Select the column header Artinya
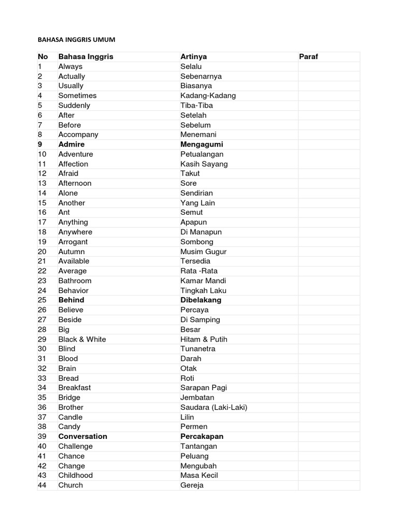coord(193,56)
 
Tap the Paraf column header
coord(309,56)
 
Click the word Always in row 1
coord(70,66)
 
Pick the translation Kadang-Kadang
coord(208,95)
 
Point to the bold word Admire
coord(72,144)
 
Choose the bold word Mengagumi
coord(202,144)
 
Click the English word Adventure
coord(76,154)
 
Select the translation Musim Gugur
coord(203,252)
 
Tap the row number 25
coord(42,300)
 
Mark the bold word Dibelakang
coord(201,300)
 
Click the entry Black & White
coord(82,339)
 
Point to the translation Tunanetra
coord(198,349)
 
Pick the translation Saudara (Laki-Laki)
coord(214,407)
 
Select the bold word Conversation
coord(83,436)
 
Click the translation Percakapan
coord(202,436)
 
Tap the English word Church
coord(70,485)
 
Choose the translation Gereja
coord(192,485)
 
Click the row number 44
coord(42,485)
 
